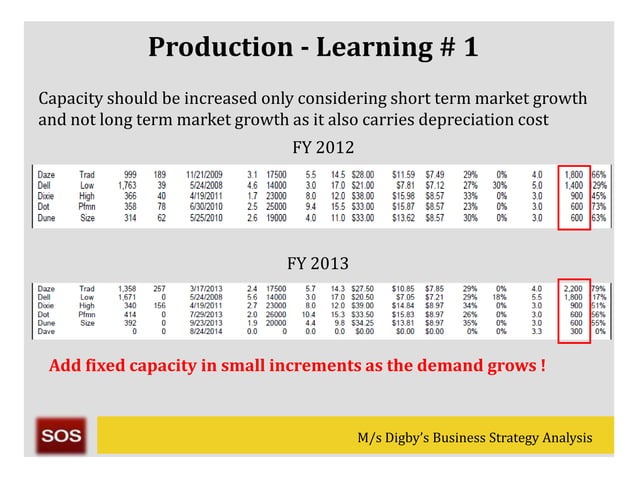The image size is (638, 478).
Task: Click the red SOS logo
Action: point(62,437)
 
